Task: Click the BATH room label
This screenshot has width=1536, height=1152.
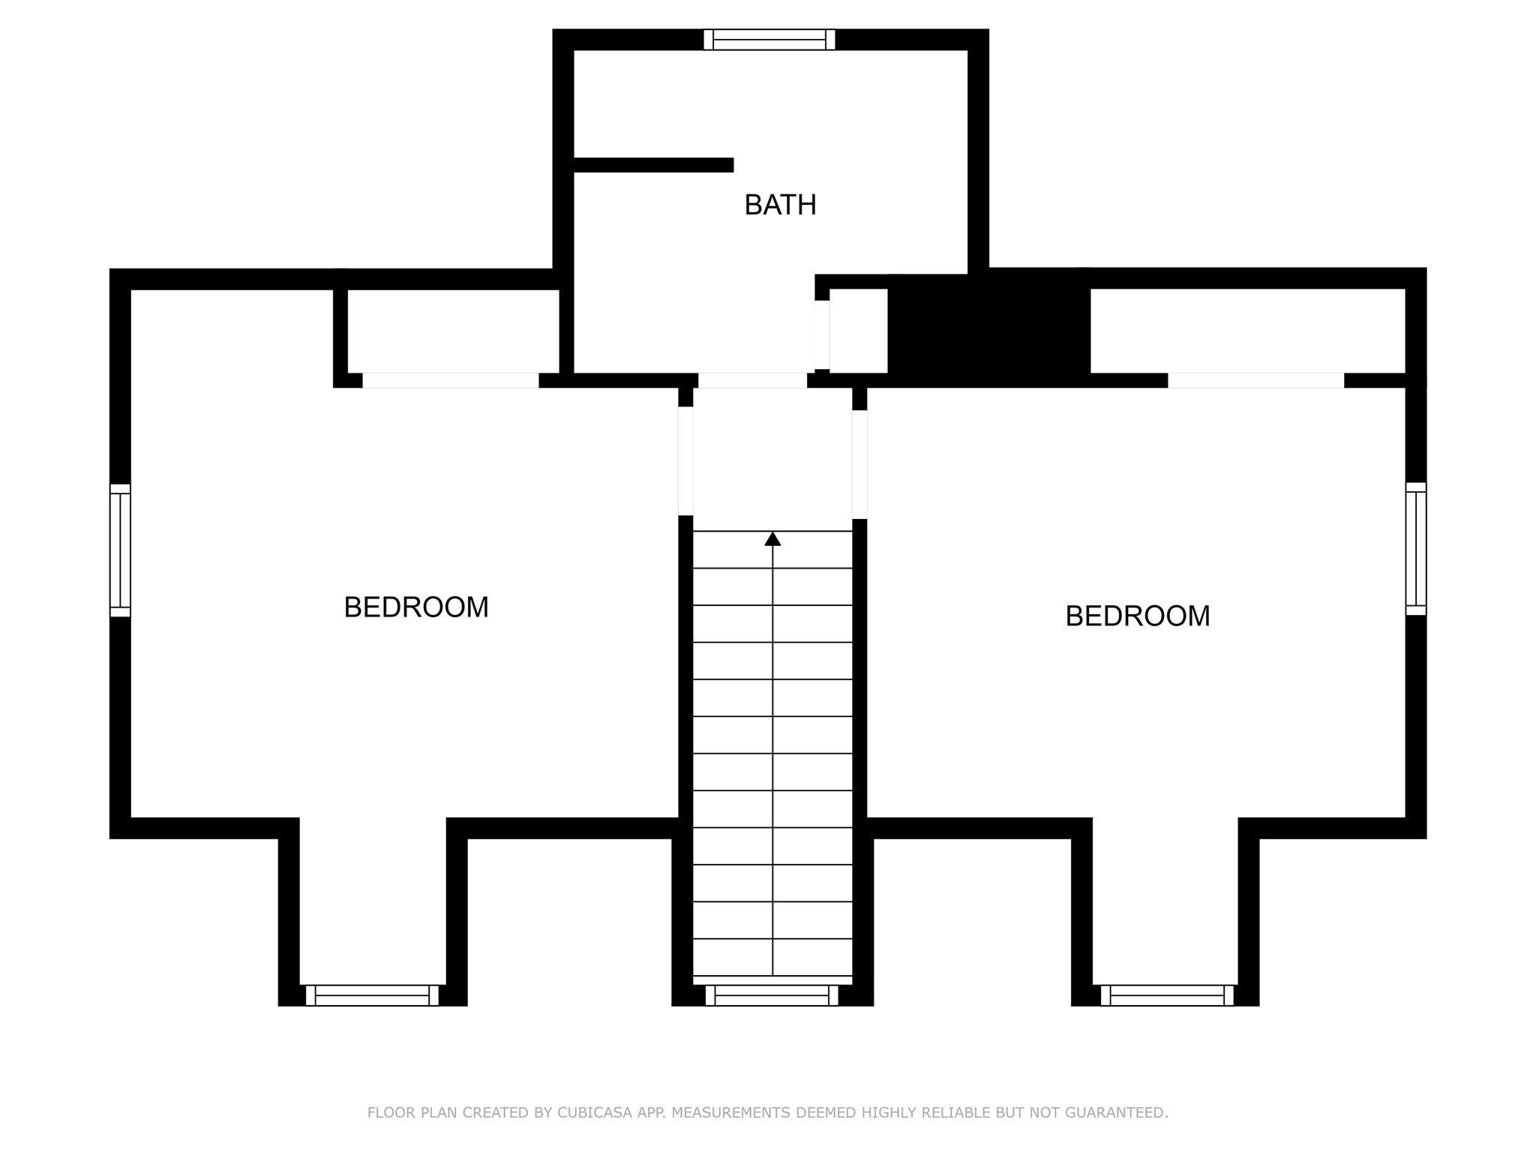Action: click(x=780, y=205)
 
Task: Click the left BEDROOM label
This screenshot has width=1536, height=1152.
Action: click(x=415, y=607)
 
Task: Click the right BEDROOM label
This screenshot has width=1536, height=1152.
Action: click(x=1137, y=616)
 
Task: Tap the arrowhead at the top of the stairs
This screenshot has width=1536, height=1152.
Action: click(x=772, y=538)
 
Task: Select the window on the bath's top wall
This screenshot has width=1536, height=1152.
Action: click(x=769, y=39)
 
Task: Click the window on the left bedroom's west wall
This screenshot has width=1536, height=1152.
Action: click(x=120, y=550)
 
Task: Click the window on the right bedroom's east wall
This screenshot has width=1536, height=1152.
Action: click(x=1415, y=548)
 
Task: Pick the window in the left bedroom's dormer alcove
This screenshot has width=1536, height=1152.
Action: click(x=371, y=995)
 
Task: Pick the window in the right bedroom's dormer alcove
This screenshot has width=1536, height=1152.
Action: click(x=1166, y=995)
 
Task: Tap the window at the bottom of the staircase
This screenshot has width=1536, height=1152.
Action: click(x=771, y=995)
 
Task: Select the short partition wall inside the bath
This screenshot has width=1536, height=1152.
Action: click(x=652, y=164)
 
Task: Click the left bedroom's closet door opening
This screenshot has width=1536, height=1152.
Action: click(x=450, y=380)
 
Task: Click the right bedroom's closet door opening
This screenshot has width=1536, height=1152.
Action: click(x=1255, y=380)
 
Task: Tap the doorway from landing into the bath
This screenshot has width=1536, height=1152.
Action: click(x=752, y=380)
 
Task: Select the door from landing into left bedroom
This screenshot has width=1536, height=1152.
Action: click(x=685, y=460)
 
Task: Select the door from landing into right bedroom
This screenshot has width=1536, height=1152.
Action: click(x=859, y=463)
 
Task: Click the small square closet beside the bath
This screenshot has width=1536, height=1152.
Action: click(x=858, y=330)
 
